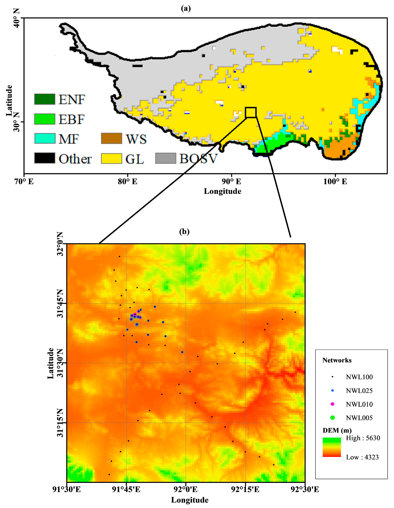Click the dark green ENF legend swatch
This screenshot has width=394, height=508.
[44, 99]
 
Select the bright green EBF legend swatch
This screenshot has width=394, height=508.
[44, 119]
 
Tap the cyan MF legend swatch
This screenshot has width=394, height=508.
[44, 139]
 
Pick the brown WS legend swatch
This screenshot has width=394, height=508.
[111, 139]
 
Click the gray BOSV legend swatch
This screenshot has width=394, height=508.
[166, 158]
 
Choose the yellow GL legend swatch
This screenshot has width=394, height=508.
[111, 159]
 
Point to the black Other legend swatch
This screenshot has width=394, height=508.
[44, 158]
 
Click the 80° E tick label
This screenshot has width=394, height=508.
[127, 182]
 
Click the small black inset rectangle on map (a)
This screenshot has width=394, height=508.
[251, 112]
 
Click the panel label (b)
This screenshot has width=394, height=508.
[184, 231]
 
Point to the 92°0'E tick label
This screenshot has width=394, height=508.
[186, 490]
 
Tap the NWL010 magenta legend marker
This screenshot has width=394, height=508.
[332, 404]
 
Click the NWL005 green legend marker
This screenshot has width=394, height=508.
[332, 418]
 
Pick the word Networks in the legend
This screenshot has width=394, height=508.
[337, 360]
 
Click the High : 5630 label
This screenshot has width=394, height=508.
[363, 438]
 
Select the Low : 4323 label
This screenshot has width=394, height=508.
[362, 457]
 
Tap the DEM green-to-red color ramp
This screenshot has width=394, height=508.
[332, 447]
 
